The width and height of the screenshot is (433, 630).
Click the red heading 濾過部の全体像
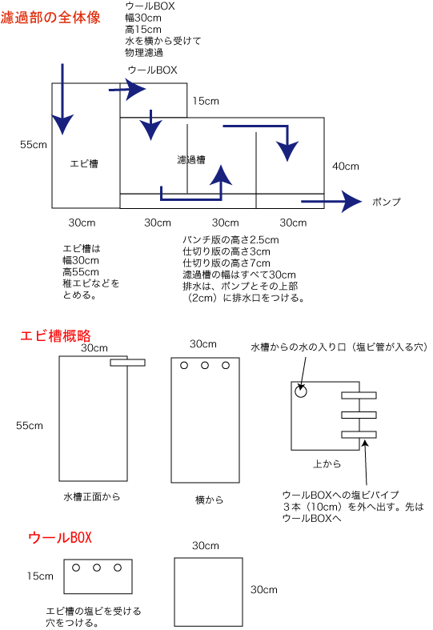point(50,18)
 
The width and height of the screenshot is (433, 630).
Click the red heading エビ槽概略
point(55,335)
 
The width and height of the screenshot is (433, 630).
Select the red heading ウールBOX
point(60,537)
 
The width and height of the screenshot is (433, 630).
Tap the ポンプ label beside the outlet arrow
point(387,202)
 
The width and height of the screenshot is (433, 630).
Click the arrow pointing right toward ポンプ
point(331,201)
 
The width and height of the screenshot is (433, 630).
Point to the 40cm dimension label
point(346,166)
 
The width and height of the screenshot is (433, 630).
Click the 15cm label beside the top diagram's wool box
point(206,101)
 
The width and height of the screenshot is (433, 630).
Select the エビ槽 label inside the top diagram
point(84,163)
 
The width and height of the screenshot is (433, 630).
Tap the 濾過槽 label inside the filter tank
point(191,160)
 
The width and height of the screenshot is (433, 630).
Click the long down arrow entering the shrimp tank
point(62,98)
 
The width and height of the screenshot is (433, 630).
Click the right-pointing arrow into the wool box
point(127,89)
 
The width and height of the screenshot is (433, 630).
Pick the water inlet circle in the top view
point(301,391)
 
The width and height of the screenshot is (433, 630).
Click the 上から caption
point(327,464)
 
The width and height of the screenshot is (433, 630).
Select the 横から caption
point(209,500)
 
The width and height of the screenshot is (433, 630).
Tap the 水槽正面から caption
point(91,497)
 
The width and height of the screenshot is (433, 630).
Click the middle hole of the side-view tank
point(205,365)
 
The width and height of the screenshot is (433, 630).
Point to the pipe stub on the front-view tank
point(128,363)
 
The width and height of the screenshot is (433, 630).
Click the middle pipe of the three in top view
point(359,415)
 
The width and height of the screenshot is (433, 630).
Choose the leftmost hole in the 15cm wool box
point(76,568)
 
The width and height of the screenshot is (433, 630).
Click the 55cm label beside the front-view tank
point(30,426)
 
